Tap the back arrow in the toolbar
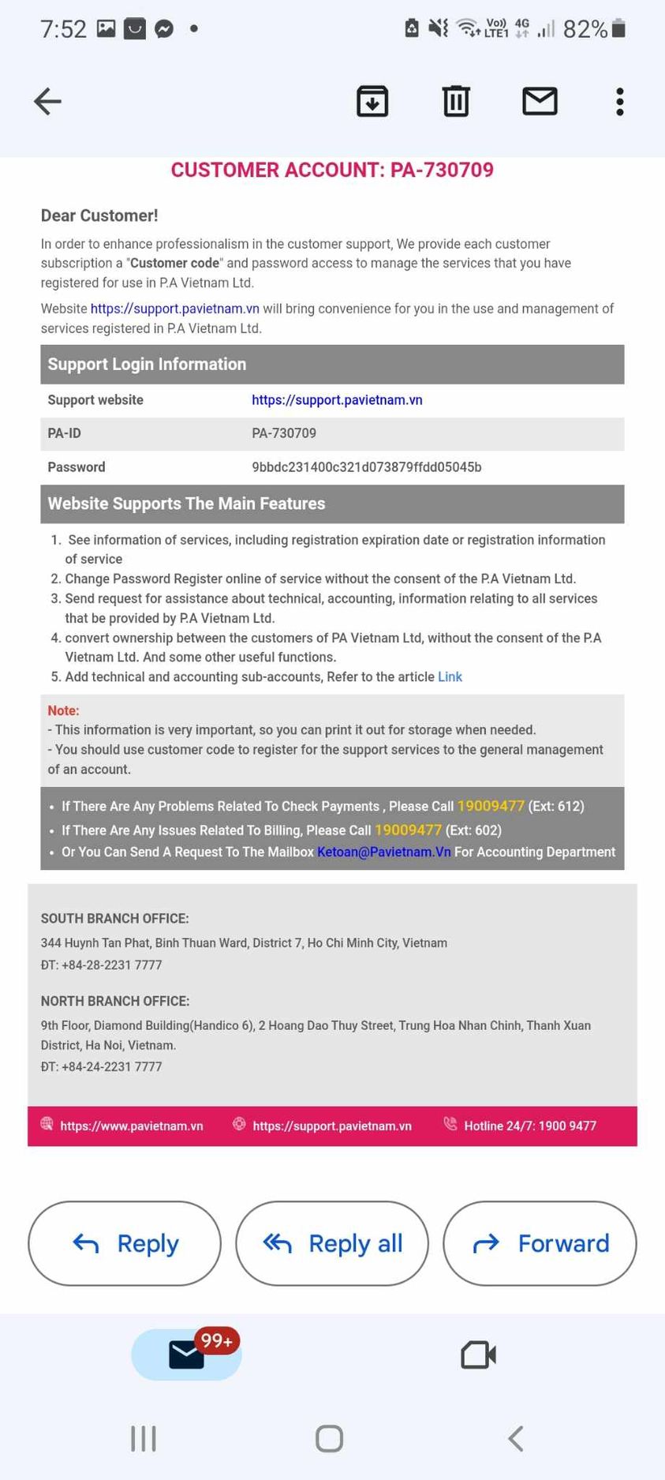(48, 102)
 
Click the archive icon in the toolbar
(372, 102)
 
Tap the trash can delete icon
(456, 102)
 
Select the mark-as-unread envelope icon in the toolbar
(540, 102)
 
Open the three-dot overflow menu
(620, 102)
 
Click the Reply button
(125, 1243)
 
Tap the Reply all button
(332, 1243)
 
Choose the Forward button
(540, 1243)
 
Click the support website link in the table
(337, 400)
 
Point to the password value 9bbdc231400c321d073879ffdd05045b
(367, 467)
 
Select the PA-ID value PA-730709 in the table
(284, 433)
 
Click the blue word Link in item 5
(450, 677)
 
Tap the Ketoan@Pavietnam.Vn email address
(384, 852)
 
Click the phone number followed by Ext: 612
(491, 806)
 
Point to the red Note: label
(63, 710)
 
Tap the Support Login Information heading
(147, 365)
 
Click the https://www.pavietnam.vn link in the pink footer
(132, 1126)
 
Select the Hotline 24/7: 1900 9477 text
(530, 1126)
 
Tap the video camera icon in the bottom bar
(478, 1355)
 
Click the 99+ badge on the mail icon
(216, 1341)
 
